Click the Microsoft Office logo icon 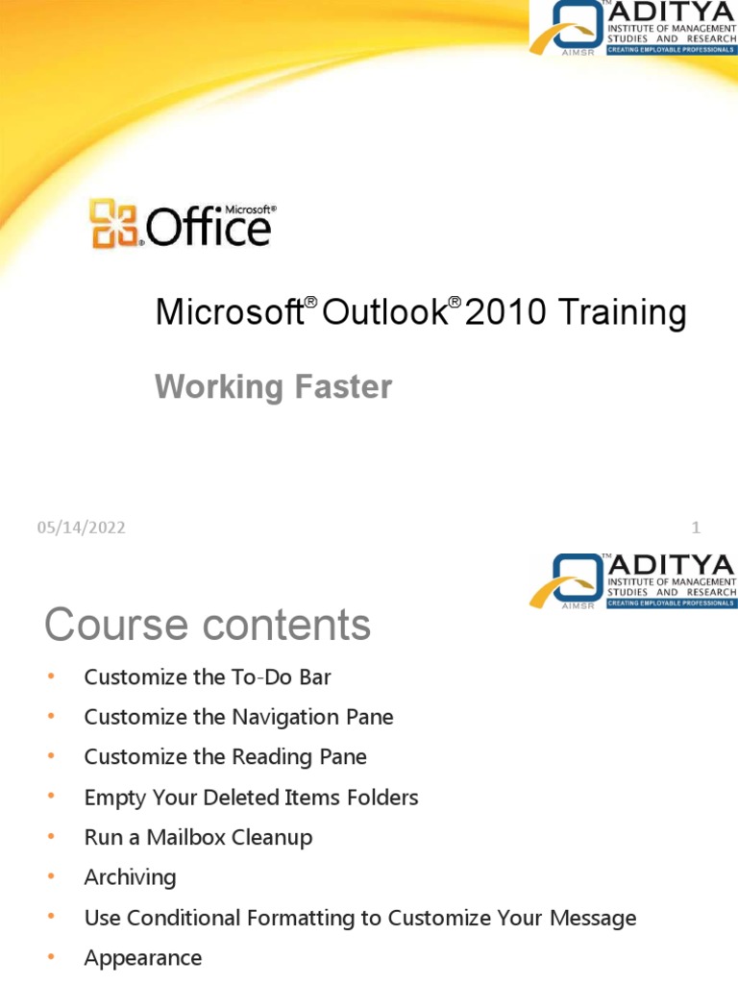114,224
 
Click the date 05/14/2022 82,528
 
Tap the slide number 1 696,528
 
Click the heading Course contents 207,625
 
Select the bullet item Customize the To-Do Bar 208,677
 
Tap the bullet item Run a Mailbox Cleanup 198,838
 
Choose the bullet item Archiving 130,877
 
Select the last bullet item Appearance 143,958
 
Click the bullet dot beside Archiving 52,877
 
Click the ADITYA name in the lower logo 670,564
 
